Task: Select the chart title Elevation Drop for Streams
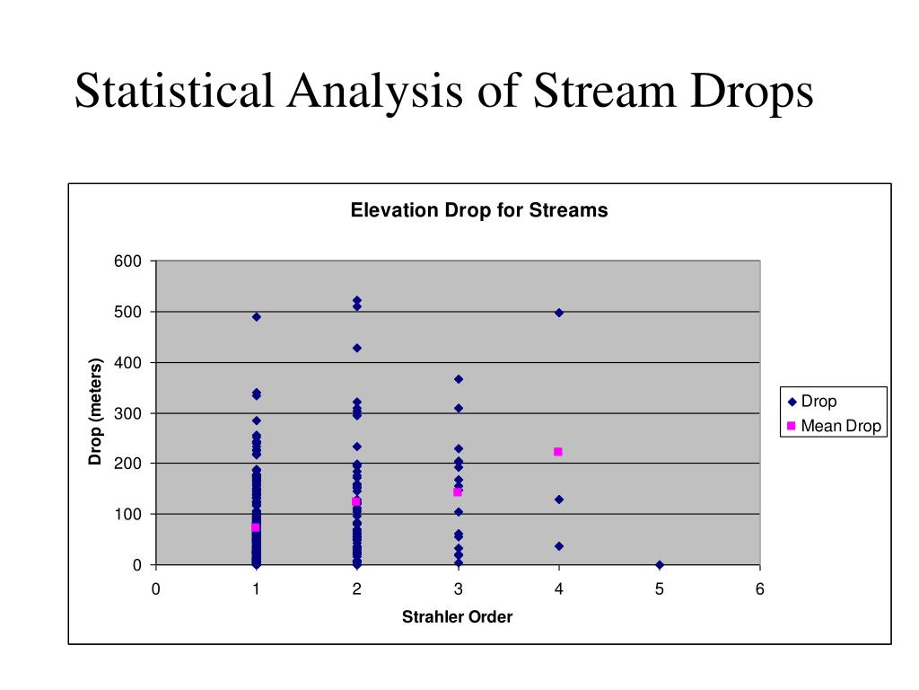click(478, 210)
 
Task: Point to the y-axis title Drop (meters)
click(96, 412)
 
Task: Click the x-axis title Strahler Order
click(457, 617)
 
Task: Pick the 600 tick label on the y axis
click(127, 261)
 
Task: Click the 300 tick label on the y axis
click(127, 413)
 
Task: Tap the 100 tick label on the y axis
click(127, 515)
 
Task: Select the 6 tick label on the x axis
click(759, 589)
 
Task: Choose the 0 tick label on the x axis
click(155, 589)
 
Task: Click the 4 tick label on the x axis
click(558, 589)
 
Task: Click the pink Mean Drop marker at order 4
click(558, 452)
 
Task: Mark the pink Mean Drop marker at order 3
click(458, 492)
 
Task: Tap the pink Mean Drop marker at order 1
click(256, 527)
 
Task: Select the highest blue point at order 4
click(559, 313)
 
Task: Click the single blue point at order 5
click(660, 564)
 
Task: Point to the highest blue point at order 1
click(257, 317)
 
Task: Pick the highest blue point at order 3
click(458, 379)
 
